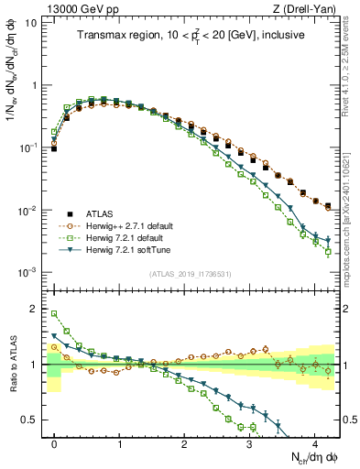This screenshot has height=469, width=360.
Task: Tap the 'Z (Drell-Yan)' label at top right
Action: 309,8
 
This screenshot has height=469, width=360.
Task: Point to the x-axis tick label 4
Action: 314,442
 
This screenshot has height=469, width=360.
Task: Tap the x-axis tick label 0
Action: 55,442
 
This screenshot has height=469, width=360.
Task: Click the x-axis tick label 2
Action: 184,442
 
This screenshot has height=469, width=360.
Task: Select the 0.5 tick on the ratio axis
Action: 35,420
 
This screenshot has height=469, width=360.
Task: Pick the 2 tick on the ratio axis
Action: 39,309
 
